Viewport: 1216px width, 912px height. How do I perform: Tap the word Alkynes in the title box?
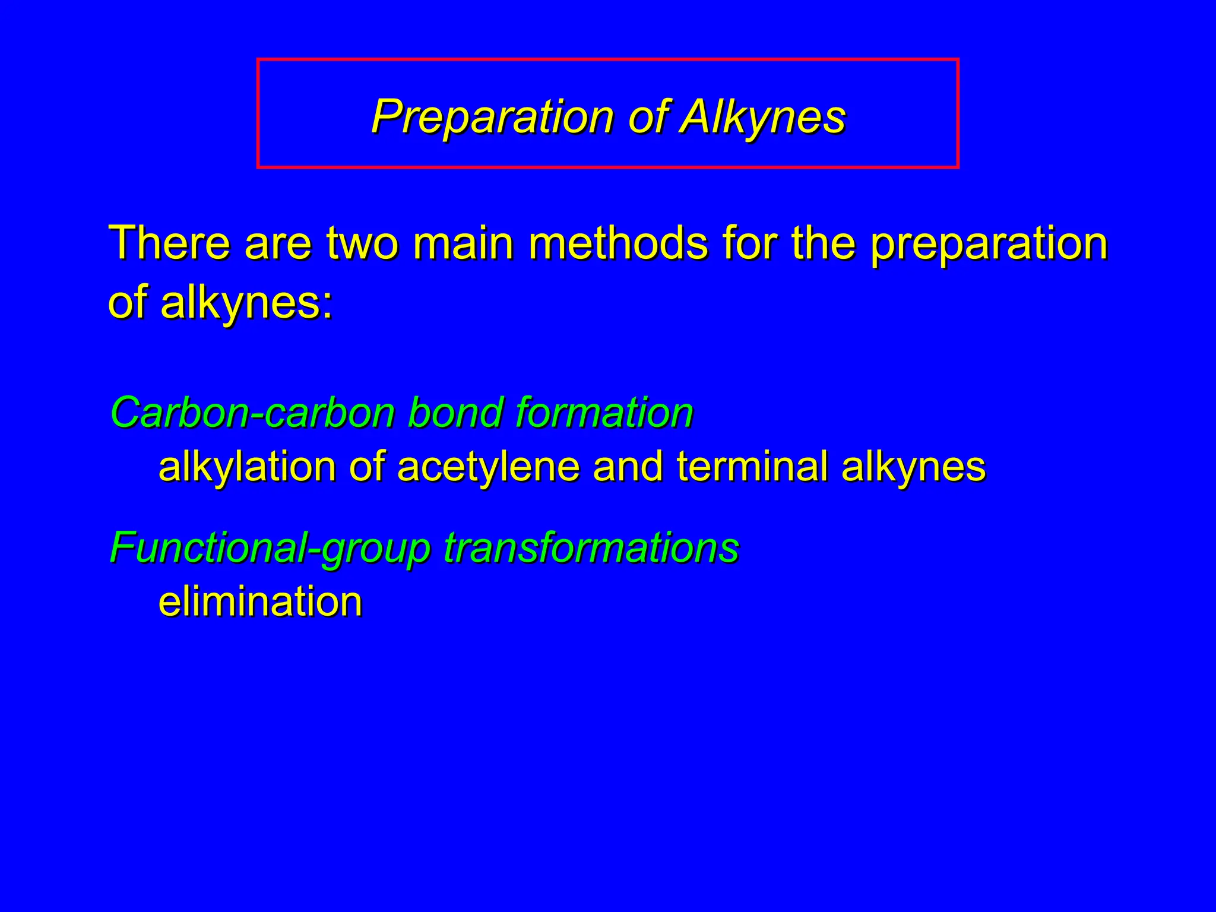(x=763, y=117)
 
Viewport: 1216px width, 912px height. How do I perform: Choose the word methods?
(x=618, y=243)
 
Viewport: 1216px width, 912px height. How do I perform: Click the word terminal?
(x=752, y=466)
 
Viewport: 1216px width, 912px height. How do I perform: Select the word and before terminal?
(x=628, y=466)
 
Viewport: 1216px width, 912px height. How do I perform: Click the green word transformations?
(x=591, y=547)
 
